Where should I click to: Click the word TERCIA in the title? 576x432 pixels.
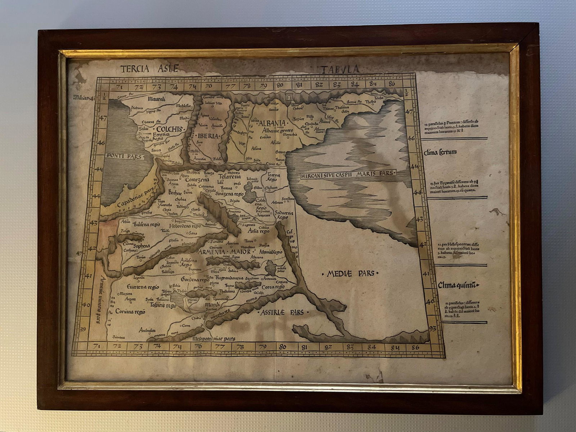point(135,68)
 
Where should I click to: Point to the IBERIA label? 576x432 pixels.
point(208,136)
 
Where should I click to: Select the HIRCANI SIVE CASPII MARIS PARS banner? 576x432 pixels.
point(347,174)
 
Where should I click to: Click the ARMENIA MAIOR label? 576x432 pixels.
point(224,252)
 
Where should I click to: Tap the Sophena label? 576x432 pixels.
point(141,246)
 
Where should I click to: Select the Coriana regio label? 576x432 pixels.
point(130,312)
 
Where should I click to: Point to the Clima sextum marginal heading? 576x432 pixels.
point(441,152)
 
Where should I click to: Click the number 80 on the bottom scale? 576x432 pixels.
point(283,347)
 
